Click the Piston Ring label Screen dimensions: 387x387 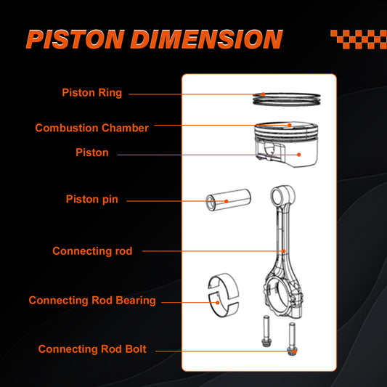[91, 93]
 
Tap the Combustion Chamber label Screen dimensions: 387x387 [91, 128]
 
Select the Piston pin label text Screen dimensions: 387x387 [91, 199]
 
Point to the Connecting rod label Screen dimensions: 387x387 [92, 251]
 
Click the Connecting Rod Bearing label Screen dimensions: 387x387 [92, 300]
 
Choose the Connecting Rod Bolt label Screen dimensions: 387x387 [92, 349]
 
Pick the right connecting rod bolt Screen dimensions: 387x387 [293, 338]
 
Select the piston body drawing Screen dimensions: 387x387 [283, 141]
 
